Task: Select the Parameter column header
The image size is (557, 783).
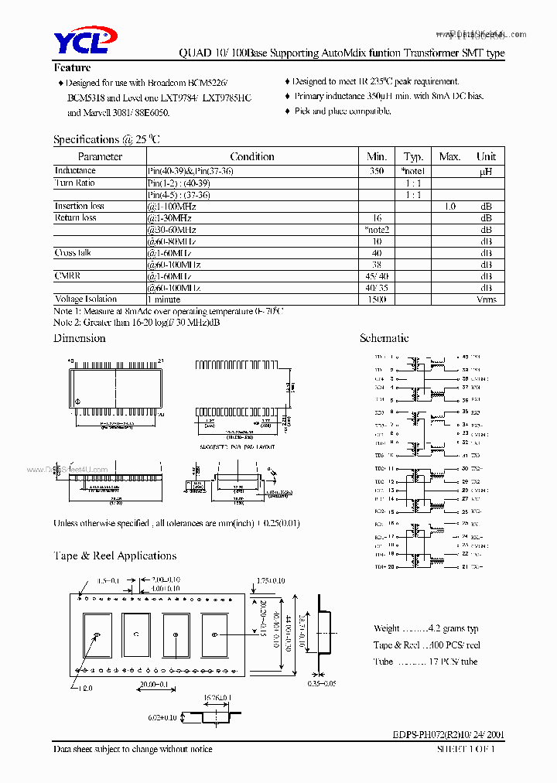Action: pos(100,156)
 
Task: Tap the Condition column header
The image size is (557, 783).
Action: pos(252,156)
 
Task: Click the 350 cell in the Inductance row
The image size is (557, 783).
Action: pos(377,170)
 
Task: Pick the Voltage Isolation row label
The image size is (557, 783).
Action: pos(86,299)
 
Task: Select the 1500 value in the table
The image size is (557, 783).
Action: pos(377,299)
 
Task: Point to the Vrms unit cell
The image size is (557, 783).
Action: pos(487,299)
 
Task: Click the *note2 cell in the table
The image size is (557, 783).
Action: pos(377,230)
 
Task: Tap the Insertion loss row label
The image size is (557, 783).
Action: pos(79,206)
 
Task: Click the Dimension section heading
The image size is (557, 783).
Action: pos(79,338)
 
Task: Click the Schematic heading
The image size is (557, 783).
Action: pos(384,338)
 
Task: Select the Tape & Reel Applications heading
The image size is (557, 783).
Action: pos(114,556)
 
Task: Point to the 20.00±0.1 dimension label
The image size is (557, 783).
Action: pos(155,685)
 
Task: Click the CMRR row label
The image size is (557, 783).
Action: pos(67,275)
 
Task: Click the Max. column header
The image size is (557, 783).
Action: pos(449,156)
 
